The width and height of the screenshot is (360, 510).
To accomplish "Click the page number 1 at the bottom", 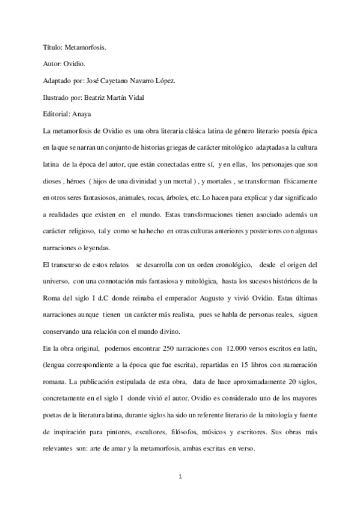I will click(180, 476).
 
